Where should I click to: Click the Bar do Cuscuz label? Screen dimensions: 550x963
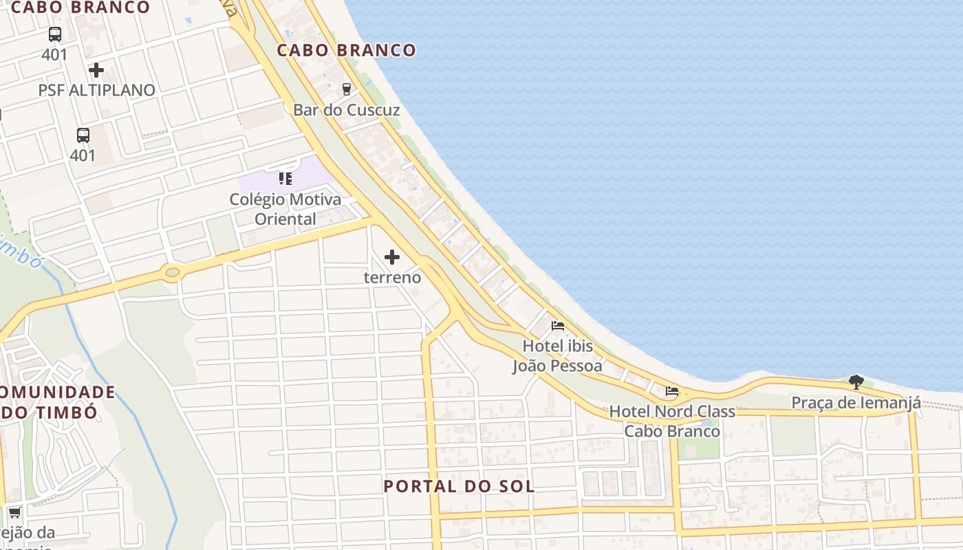coord(346,110)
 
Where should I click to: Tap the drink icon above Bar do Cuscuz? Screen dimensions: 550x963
coord(346,89)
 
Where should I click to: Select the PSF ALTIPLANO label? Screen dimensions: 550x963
coord(96,90)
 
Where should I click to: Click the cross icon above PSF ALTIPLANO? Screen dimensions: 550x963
coord(96,70)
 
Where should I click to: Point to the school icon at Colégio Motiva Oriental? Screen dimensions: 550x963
coord(285,179)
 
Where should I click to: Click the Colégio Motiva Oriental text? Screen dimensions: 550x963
coord(285,209)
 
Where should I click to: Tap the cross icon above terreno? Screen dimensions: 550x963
coord(392,257)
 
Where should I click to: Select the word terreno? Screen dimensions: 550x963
coord(392,278)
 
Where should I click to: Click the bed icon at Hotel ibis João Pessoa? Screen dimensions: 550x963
coord(558,325)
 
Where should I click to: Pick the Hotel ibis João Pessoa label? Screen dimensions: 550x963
coord(557,355)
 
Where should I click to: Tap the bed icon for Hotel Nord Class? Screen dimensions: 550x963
coord(672,391)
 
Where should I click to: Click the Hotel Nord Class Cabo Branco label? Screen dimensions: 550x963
coord(672,421)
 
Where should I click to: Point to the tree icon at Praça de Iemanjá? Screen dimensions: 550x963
coord(856,382)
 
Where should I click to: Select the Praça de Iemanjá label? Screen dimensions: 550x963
coord(856,403)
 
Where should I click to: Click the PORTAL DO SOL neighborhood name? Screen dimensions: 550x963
coord(459,486)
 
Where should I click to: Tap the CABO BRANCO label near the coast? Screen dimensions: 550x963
coord(347,50)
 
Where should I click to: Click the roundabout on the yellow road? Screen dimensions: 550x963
coord(172,273)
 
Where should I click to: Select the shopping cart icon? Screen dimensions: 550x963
coord(14,512)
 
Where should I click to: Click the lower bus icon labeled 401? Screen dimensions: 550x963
coord(83,135)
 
